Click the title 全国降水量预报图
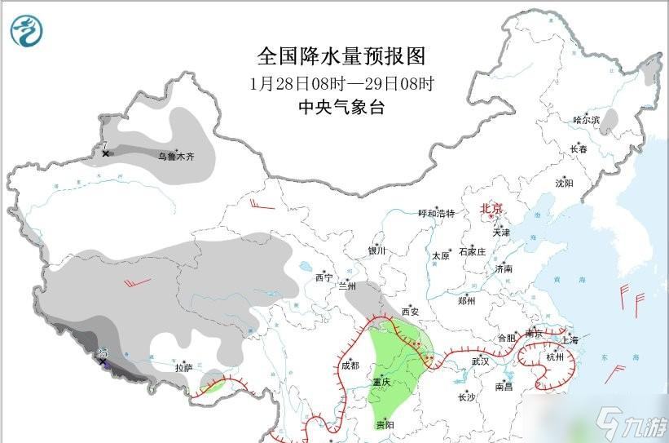341,56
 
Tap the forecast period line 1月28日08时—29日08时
341,83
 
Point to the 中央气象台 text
341,106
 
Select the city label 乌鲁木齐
176,154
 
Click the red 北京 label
492,209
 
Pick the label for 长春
579,149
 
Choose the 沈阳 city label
564,184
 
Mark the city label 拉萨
183,368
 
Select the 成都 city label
350,365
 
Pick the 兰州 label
347,286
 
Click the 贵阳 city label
385,425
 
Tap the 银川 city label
376,251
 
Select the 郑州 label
466,300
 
